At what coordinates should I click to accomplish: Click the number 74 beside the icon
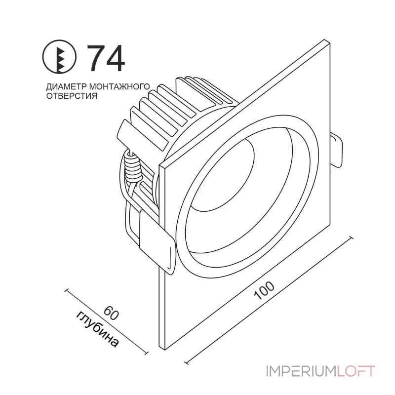106,58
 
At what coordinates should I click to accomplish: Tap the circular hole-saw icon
61,59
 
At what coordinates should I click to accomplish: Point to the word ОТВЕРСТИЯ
71,96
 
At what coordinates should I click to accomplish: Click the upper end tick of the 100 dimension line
351,237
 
